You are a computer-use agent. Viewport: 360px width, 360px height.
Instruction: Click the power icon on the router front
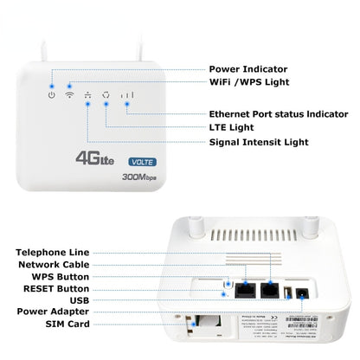coord(52,93)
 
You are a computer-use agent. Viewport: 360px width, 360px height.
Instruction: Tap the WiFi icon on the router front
coord(69,93)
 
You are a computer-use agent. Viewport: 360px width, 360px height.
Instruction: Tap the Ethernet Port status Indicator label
coord(280,114)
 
